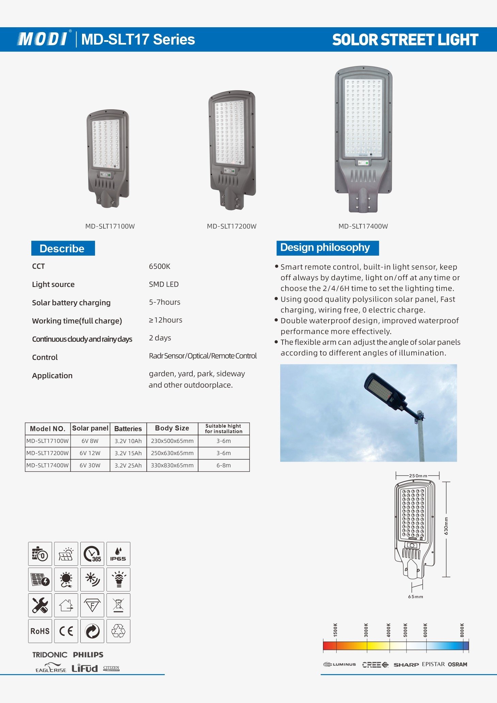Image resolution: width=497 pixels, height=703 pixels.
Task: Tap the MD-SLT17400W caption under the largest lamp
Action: [x=363, y=226]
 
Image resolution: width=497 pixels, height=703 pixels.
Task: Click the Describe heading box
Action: [x=63, y=249]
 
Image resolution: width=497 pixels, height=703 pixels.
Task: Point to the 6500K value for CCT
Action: [x=159, y=266]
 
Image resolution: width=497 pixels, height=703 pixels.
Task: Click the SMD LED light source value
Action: [x=163, y=284]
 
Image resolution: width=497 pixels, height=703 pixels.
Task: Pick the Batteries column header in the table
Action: [x=128, y=429]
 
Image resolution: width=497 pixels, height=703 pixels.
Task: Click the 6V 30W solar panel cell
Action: [x=90, y=465]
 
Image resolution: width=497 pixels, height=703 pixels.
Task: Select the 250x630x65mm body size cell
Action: [x=172, y=453]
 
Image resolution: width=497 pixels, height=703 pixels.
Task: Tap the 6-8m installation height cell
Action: [x=223, y=465]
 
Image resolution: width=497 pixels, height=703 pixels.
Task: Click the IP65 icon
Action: [x=118, y=554]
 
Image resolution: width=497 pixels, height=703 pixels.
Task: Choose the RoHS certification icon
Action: [x=40, y=631]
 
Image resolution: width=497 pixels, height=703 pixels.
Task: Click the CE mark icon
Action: [x=66, y=631]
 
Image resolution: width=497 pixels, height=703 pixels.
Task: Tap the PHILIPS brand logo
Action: [x=88, y=655]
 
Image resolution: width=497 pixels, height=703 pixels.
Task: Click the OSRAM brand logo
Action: [x=457, y=664]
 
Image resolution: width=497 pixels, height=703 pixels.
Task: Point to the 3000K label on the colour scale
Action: [x=366, y=630]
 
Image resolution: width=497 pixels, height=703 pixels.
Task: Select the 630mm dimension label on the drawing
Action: [x=446, y=526]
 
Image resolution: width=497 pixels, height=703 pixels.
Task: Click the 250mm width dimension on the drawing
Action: [x=418, y=476]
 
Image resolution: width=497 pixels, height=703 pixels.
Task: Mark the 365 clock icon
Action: [x=92, y=554]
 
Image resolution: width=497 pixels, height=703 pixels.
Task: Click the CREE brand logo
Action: [x=375, y=665]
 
